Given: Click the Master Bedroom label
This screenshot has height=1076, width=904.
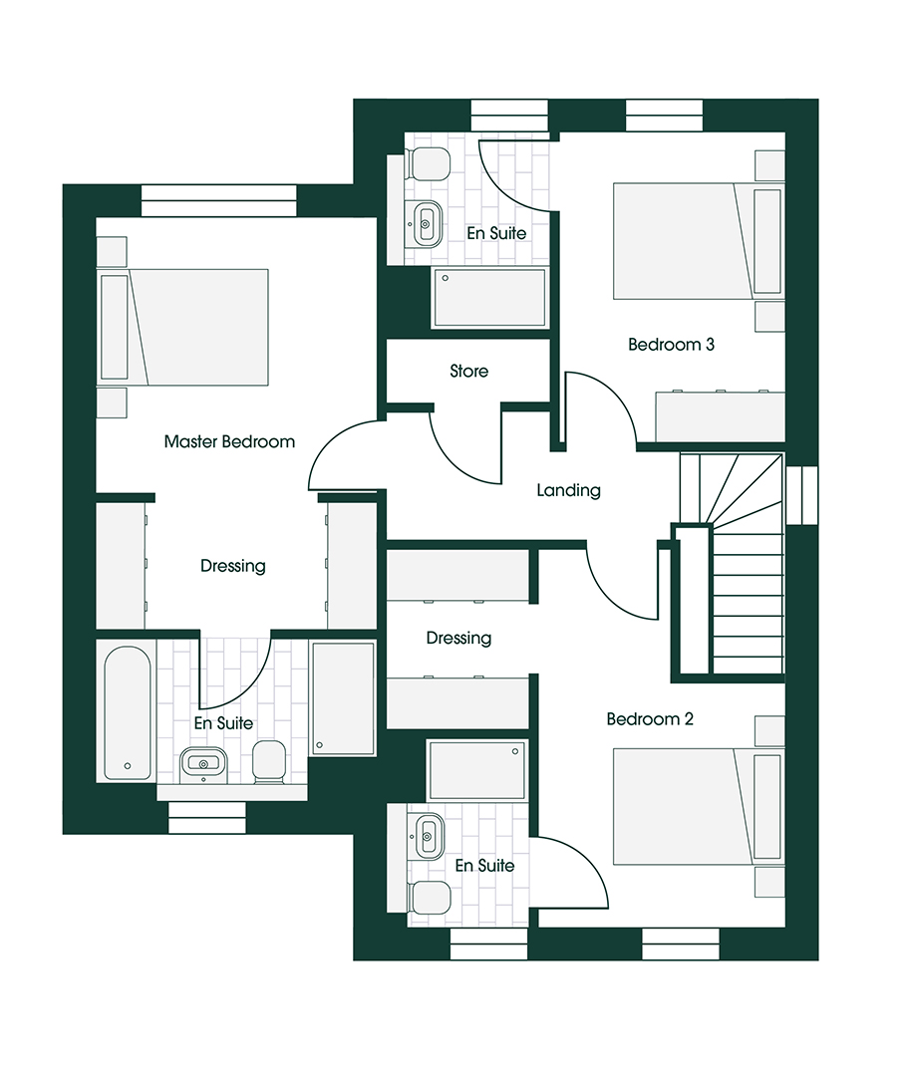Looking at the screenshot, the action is (229, 441).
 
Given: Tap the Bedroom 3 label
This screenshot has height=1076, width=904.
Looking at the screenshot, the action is (671, 344).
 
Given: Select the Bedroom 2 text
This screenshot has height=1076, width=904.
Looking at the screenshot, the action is (649, 718).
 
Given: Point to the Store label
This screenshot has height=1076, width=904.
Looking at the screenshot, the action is (468, 371).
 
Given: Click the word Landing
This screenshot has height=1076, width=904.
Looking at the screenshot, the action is (568, 490).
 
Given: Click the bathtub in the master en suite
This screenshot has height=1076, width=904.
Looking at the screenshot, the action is (128, 713).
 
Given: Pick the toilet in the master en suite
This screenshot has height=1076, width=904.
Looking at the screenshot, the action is (269, 762).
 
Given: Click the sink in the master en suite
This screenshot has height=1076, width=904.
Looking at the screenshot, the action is (203, 764).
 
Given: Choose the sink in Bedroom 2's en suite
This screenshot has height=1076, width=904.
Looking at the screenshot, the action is (426, 835).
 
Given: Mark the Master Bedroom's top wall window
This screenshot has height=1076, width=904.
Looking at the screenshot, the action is (219, 200).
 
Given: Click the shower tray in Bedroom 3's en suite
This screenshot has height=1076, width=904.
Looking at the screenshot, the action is (489, 298).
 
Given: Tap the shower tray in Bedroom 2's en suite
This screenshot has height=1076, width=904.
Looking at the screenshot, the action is (477, 770).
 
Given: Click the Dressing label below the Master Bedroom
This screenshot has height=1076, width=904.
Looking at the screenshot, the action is (232, 566).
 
